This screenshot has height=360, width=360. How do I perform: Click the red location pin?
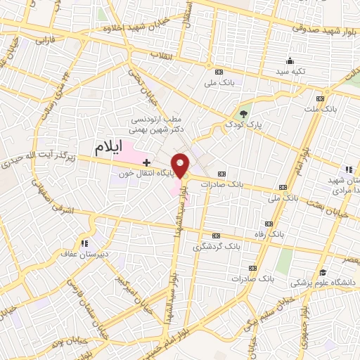pyautogui.click(x=181, y=165)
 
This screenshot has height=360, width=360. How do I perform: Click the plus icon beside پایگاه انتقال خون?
pyautogui.click(x=146, y=162)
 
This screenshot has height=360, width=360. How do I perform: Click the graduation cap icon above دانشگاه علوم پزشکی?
pyautogui.click(x=322, y=272)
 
